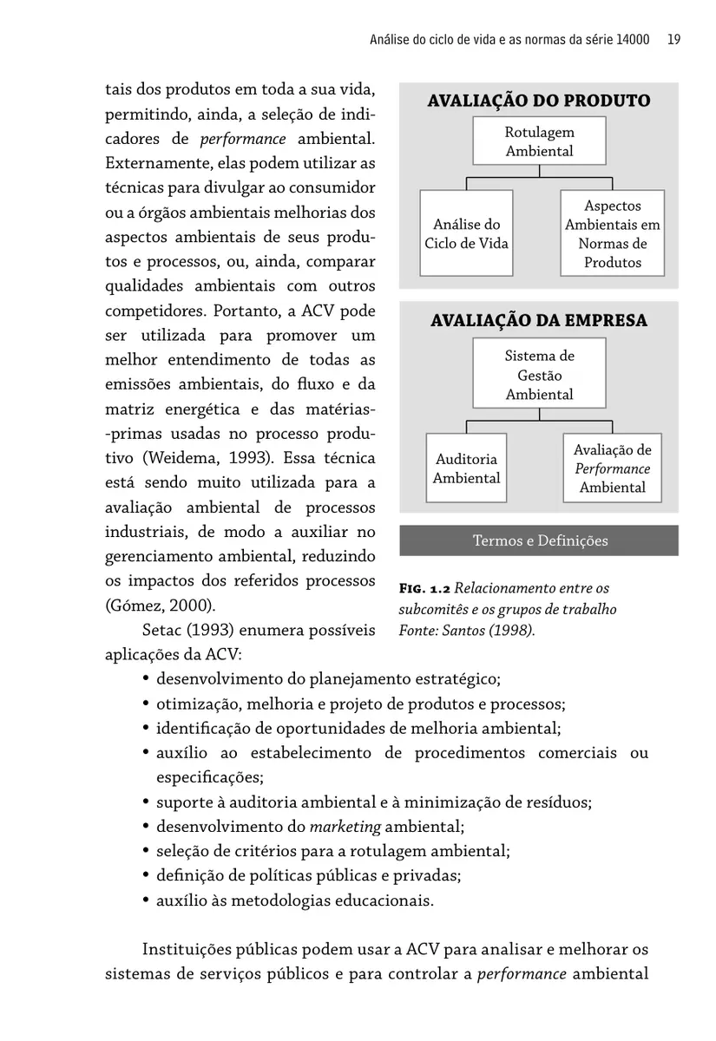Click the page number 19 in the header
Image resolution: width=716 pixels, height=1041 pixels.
(x=673, y=39)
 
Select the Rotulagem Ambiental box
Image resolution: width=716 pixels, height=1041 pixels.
(x=539, y=141)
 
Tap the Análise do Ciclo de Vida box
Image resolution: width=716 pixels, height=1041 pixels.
(x=466, y=234)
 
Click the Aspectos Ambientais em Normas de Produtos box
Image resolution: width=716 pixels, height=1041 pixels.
(x=612, y=234)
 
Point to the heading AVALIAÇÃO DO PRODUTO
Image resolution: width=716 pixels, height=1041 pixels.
(x=538, y=101)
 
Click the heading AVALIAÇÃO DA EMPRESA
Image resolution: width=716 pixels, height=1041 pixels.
(x=538, y=321)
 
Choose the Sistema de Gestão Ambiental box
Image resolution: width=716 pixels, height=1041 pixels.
(x=539, y=375)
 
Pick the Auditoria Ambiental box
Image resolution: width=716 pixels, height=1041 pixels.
(x=466, y=468)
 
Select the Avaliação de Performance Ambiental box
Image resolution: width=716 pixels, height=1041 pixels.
(x=612, y=468)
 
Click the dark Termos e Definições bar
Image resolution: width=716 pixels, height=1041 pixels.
(x=539, y=540)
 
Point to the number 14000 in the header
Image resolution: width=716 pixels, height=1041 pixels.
(x=630, y=39)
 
